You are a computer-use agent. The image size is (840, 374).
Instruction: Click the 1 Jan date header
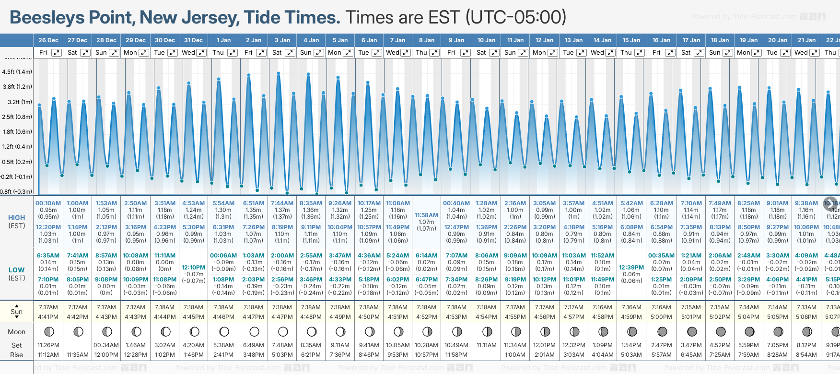point(223,40)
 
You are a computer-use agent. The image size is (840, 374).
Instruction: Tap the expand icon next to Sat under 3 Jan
point(290,53)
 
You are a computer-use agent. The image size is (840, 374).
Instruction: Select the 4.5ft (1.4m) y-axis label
point(17,72)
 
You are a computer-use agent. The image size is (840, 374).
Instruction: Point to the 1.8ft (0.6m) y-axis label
point(17,132)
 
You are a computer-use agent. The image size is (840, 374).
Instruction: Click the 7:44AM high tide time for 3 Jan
point(282,203)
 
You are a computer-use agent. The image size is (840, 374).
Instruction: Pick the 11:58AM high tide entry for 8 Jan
point(426,215)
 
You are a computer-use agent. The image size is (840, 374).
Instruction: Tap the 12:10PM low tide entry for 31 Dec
point(194,268)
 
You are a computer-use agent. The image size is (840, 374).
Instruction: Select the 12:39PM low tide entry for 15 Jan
point(631,268)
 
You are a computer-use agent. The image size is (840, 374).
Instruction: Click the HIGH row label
point(17,218)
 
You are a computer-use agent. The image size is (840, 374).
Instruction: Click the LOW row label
point(17,270)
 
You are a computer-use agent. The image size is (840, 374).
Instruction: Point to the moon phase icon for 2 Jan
point(254,332)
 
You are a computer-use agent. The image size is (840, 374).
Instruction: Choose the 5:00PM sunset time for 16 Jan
point(661,317)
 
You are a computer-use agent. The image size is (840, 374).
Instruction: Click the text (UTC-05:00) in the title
point(515,18)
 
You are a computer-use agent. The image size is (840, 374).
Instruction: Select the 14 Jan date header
point(602,40)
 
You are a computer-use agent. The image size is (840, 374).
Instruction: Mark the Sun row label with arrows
point(17,312)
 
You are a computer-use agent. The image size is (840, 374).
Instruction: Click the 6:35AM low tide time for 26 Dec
point(48,256)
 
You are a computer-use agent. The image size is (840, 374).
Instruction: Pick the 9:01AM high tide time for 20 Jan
point(777,203)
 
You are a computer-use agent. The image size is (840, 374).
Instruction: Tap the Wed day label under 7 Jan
point(393,53)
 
